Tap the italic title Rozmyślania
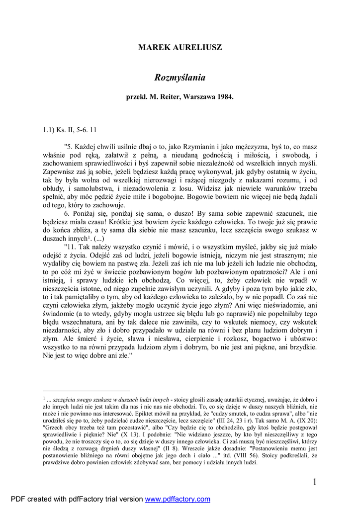180,78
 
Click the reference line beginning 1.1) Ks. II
70,130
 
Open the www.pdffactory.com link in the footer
178,500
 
